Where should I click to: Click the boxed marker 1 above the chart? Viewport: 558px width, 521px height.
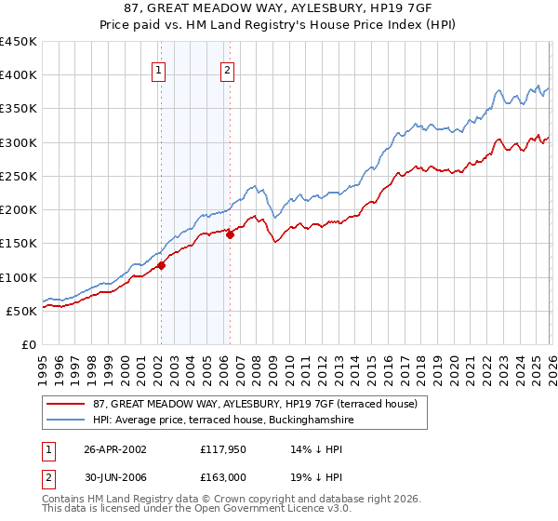point(159,69)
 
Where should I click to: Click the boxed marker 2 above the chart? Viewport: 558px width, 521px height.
point(228,69)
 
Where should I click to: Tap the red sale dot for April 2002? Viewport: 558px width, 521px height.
point(161,265)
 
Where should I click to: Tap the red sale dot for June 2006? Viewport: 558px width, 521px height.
point(230,234)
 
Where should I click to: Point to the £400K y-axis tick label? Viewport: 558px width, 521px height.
point(19,75)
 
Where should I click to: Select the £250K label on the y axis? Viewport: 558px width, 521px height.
point(19,176)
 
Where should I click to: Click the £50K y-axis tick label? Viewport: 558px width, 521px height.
point(22,311)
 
